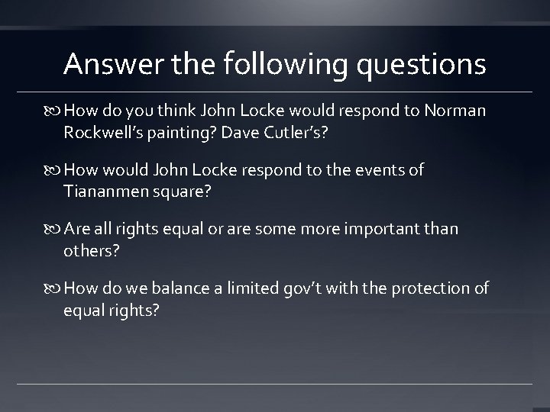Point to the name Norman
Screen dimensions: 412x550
457,111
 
